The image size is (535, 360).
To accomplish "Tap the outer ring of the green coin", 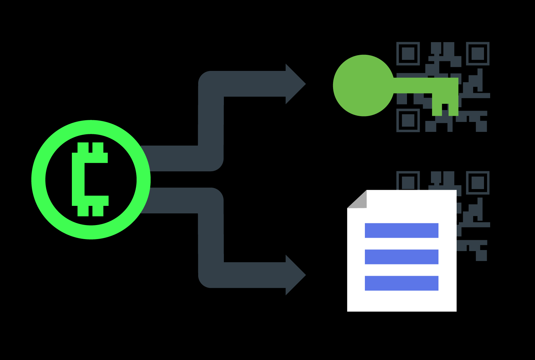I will point(38,179).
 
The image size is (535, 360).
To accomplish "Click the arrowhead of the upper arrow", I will point(295,84).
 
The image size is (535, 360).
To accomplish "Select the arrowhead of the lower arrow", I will point(295,275).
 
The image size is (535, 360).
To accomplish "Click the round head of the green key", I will point(363,86).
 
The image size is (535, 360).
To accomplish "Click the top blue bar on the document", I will point(402,230).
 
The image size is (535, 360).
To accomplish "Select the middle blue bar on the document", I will point(402,257).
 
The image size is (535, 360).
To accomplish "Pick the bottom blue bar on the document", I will point(402,283).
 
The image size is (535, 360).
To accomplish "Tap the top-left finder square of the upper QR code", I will point(408,54).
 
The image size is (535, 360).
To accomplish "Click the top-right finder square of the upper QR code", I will point(477,54).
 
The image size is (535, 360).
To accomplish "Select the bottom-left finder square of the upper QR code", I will point(408,120).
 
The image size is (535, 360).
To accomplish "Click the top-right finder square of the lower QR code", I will point(477,183).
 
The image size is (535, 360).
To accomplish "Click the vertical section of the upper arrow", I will point(211,120).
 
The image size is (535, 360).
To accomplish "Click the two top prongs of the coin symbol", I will point(90,148).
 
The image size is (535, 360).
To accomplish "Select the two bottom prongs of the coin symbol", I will point(90,211).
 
